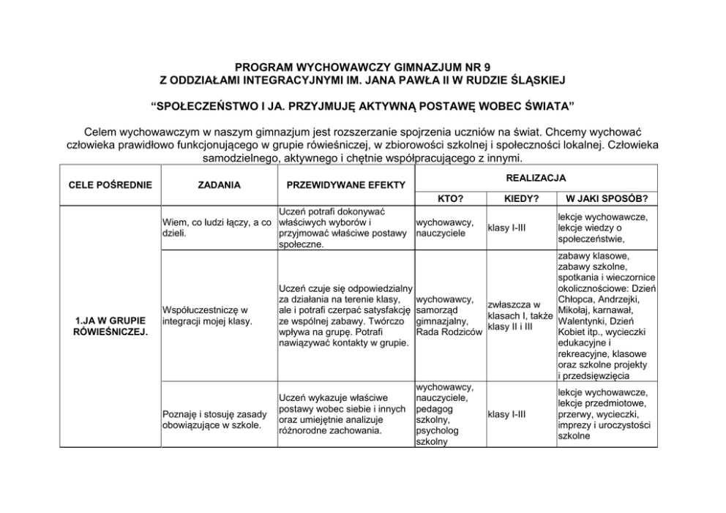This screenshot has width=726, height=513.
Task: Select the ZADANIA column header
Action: pos(219,185)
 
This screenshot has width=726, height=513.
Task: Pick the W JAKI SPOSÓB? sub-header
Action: pos(606,198)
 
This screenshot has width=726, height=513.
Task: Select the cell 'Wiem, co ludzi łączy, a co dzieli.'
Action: pos(217,228)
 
